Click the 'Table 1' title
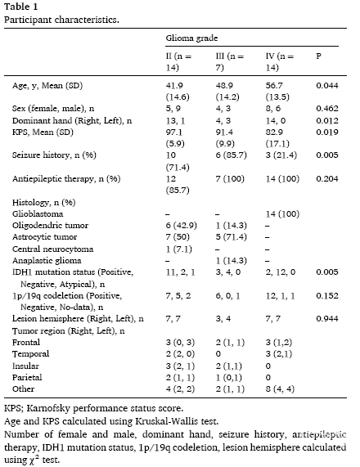click(x=20, y=7)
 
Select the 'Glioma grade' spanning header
click(x=191, y=38)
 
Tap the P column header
click(x=318, y=56)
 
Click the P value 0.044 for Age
click(x=327, y=86)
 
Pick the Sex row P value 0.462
click(x=327, y=109)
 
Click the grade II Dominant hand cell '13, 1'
click(x=176, y=120)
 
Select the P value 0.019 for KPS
click(x=327, y=132)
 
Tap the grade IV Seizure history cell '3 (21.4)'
click(x=281, y=155)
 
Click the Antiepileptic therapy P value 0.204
click(x=327, y=178)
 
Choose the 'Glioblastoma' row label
click(x=38, y=213)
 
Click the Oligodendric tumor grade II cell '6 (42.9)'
click(x=182, y=226)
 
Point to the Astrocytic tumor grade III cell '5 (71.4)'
click(x=232, y=237)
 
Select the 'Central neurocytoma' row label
click(x=52, y=249)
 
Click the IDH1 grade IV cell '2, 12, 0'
click(x=281, y=272)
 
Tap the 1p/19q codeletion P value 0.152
click(x=327, y=296)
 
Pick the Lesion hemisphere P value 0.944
click(x=327, y=319)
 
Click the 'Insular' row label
click(x=25, y=366)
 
